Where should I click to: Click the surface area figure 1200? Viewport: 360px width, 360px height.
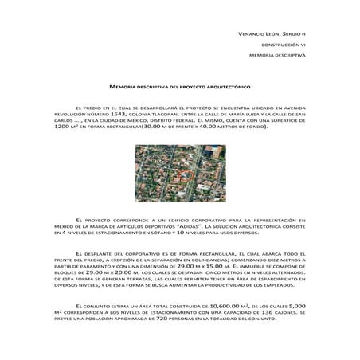point(65,127)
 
